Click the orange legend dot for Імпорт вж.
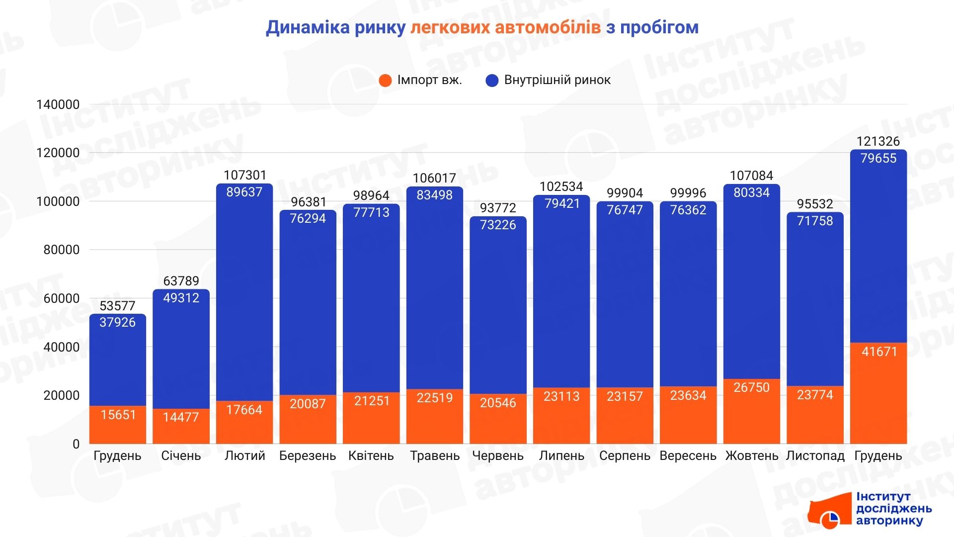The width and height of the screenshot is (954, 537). pos(385,81)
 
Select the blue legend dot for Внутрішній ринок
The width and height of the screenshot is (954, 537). pos(492,81)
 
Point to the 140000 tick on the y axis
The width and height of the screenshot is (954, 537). pos(58,104)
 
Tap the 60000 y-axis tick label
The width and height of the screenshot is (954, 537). pos(61,298)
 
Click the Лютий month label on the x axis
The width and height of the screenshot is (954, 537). pos(244,456)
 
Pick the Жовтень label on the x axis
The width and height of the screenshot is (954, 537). pos(751,456)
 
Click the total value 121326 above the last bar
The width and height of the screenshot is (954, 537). pos(878,141)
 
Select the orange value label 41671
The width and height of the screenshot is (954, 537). pos(879,352)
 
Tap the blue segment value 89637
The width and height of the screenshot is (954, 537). pos(244,192)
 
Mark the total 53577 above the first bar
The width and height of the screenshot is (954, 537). pos(117,306)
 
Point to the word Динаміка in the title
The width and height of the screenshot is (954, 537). pos(308,27)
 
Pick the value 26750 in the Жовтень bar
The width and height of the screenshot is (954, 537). pos(751,387)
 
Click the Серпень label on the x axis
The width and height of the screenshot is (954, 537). pos(625,456)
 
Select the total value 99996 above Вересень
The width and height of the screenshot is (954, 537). pos(688,193)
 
